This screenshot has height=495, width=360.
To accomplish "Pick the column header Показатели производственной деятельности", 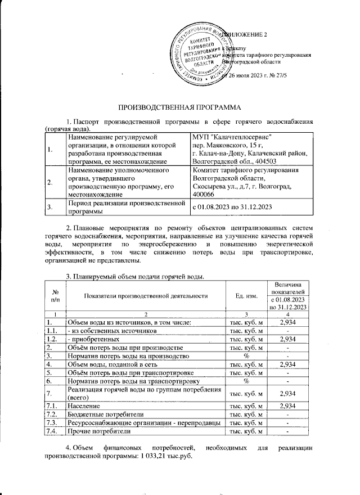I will click(x=146, y=296).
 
